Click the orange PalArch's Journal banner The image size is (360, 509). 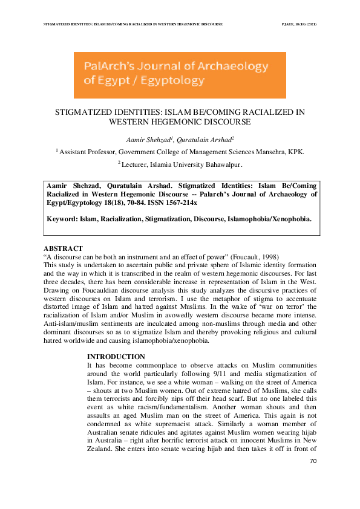pyautogui.click(x=180, y=75)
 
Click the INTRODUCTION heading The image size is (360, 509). pyautogui.click(x=116, y=357)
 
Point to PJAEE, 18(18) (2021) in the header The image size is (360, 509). pyautogui.click(x=299, y=24)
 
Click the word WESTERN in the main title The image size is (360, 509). pyautogui.click(x=146, y=122)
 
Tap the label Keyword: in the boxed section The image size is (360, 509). pyautogui.click(x=64, y=219)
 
